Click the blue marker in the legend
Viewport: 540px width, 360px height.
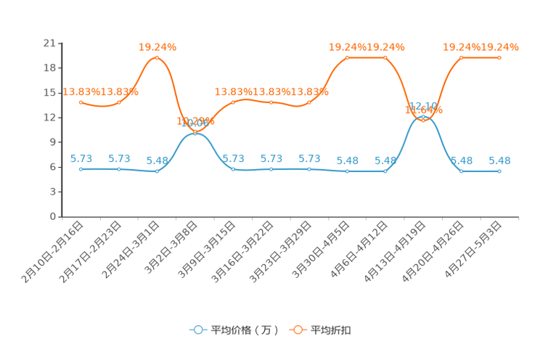(197, 330)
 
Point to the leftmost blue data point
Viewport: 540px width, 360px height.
(81, 168)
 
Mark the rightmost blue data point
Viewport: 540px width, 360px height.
(499, 171)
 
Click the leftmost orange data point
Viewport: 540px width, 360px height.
(81, 102)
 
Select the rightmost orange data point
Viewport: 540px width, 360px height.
(499, 57)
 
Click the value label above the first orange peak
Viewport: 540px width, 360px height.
(157, 47)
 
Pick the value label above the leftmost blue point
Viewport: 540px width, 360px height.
(81, 158)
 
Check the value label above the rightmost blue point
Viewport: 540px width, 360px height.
(499, 160)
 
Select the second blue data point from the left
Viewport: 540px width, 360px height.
(119, 168)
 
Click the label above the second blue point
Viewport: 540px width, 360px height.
(119, 158)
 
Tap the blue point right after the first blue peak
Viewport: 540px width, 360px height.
(233, 168)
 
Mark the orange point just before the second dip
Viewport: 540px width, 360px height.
(385, 57)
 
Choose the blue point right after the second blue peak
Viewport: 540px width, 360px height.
(462, 171)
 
